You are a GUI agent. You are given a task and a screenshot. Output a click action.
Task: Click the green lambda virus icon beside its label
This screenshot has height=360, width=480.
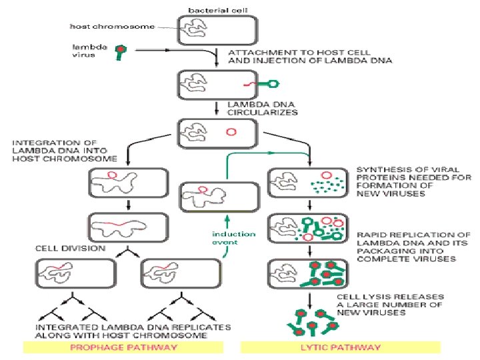point(121,51)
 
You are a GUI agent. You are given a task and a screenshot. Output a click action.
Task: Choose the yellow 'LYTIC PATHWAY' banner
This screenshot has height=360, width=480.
point(340,347)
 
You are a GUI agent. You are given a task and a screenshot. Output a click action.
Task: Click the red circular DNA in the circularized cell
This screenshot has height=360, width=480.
point(231,131)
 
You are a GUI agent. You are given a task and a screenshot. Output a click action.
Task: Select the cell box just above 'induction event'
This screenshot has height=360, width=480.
point(218,197)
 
